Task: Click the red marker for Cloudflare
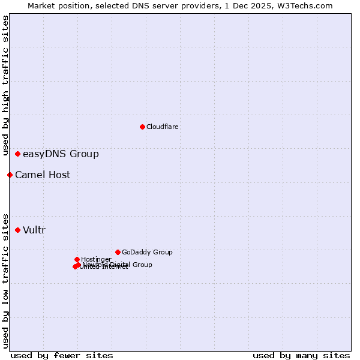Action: (x=142, y=127)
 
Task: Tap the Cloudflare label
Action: (x=163, y=127)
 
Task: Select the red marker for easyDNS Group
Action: (x=18, y=154)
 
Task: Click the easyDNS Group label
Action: (x=61, y=154)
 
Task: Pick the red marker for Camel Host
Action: (x=10, y=175)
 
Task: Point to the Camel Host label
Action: (x=43, y=175)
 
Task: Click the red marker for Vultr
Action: (x=18, y=230)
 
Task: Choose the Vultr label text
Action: (x=34, y=230)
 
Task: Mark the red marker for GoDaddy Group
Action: (x=118, y=252)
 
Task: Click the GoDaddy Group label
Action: (x=147, y=252)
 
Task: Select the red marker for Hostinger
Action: (x=77, y=259)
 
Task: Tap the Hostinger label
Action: (x=96, y=259)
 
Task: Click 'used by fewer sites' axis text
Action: (x=62, y=355)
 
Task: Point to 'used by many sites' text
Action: (x=301, y=355)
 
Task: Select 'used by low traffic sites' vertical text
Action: (x=6, y=280)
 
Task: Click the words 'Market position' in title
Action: (x=55, y=5)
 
